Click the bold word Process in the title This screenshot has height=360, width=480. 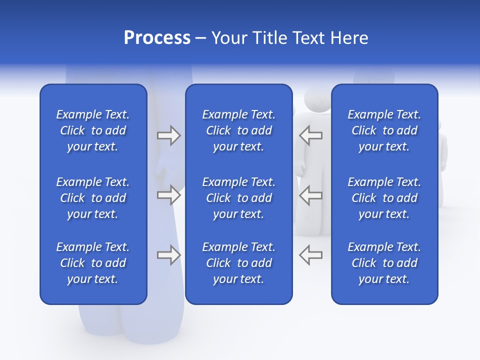point(157,38)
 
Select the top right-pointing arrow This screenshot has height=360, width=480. point(169,135)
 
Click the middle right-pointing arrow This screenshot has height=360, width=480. point(169,195)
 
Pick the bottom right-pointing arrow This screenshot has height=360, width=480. point(169,255)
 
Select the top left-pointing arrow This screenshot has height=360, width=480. point(310,135)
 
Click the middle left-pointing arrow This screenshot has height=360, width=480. point(310,195)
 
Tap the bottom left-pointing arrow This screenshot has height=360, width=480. point(310,255)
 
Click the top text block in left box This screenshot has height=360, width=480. point(93,130)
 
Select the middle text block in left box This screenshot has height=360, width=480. point(93,198)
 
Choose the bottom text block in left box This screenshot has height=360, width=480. point(93,263)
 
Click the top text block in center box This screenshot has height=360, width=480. point(238,130)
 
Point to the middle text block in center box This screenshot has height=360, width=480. point(238,198)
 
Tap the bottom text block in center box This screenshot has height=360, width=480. point(238,263)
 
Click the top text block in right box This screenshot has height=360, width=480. point(384,130)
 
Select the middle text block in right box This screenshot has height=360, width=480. point(384,198)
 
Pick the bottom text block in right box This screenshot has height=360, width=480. point(384,263)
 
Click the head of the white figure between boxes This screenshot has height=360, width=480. point(316,98)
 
